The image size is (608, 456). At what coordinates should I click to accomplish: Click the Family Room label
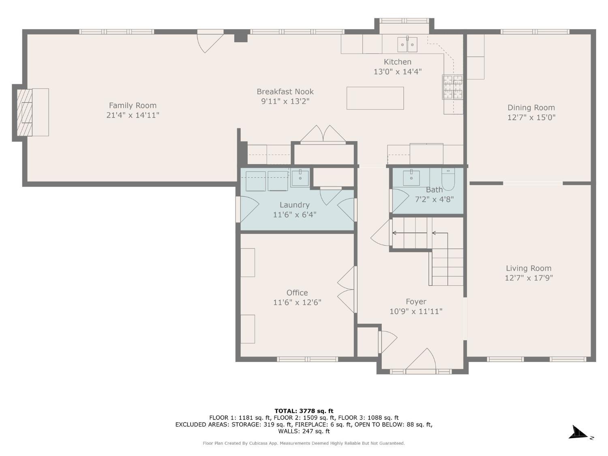pyautogui.click(x=133, y=105)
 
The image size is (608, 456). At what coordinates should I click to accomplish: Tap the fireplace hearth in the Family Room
pyautogui.click(x=41, y=112)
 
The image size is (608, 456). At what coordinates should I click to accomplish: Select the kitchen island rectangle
pyautogui.click(x=375, y=98)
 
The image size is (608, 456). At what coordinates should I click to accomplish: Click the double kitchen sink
pyautogui.click(x=407, y=44)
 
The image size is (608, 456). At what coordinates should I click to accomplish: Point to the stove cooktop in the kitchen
pyautogui.click(x=452, y=87)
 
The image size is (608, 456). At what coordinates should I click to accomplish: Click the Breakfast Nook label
pyautogui.click(x=285, y=91)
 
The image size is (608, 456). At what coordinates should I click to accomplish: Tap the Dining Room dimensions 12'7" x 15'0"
pyautogui.click(x=531, y=118)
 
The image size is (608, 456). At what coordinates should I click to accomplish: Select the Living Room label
pyautogui.click(x=529, y=268)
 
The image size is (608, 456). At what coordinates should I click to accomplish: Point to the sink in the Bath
pyautogui.click(x=411, y=178)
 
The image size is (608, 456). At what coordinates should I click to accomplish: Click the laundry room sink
pyautogui.click(x=300, y=178)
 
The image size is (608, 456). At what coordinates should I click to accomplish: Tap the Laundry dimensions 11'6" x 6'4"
pyautogui.click(x=294, y=214)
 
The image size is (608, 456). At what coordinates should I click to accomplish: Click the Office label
pyautogui.click(x=297, y=293)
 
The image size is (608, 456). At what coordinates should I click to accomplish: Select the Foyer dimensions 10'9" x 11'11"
pyautogui.click(x=416, y=311)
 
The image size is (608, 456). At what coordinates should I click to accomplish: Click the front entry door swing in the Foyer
pyautogui.click(x=421, y=359)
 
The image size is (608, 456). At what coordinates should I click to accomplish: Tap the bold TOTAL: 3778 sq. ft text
pyautogui.click(x=304, y=411)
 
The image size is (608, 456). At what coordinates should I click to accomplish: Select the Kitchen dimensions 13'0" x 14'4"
pyautogui.click(x=398, y=72)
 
